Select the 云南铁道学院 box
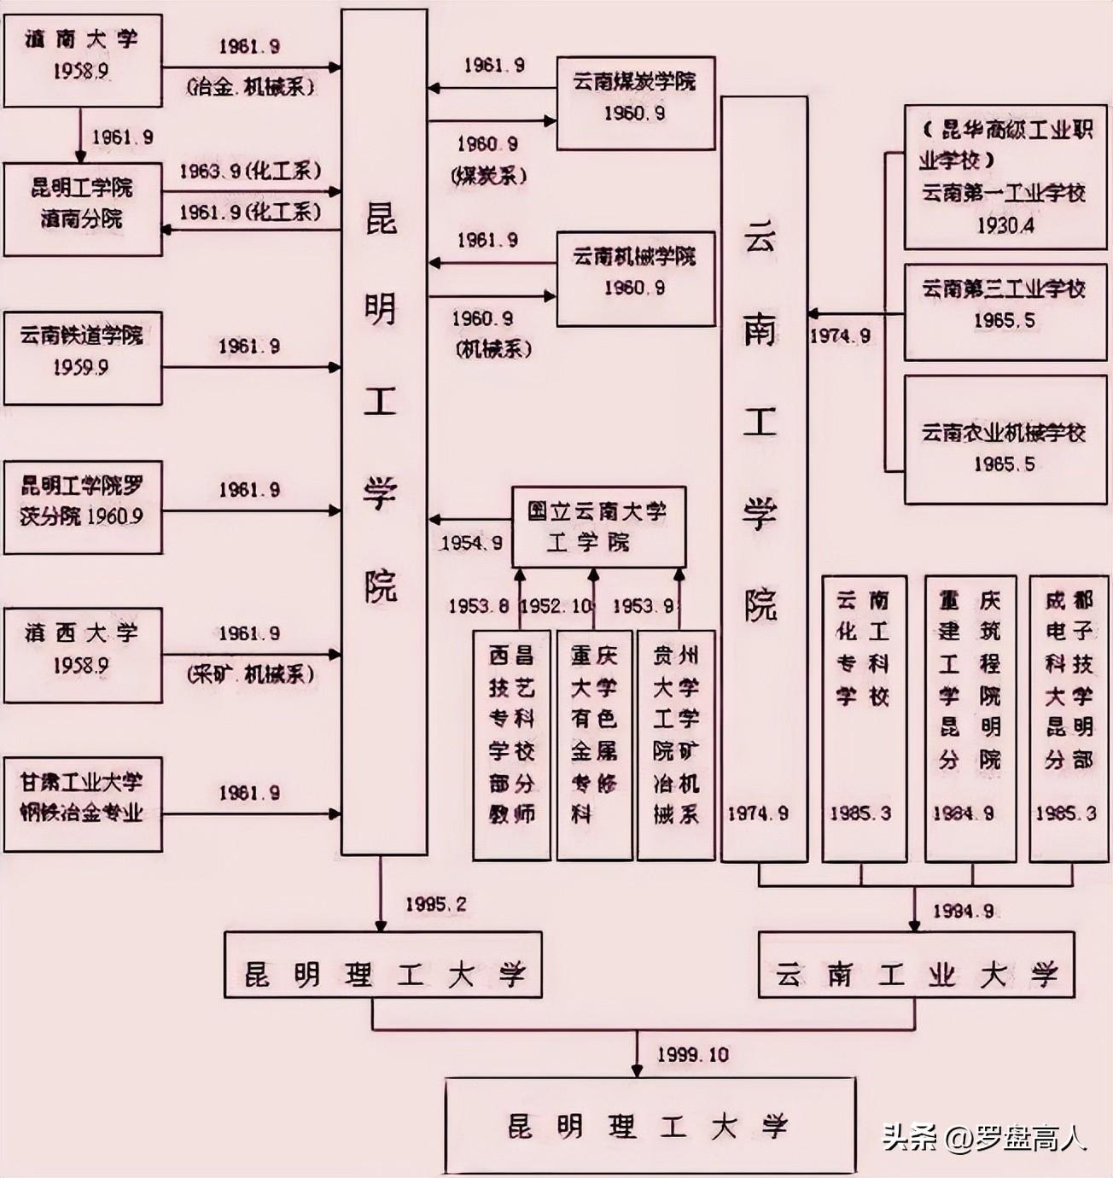tap(83, 357)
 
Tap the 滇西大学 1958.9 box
tap(83, 655)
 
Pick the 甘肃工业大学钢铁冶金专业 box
tap(83, 802)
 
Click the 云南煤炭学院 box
tap(635, 102)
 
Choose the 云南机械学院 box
tap(635, 277)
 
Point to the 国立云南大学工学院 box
tap(597, 527)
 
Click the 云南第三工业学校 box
tap(1005, 312)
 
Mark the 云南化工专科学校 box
tap(863, 717)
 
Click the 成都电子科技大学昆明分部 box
tap(1068, 717)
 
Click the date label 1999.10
tap(692, 1055)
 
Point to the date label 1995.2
tap(436, 904)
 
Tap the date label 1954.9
tap(471, 543)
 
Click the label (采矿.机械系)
tap(250, 674)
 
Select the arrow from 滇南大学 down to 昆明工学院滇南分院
tap(81, 135)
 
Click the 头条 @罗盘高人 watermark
tap(983, 1138)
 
